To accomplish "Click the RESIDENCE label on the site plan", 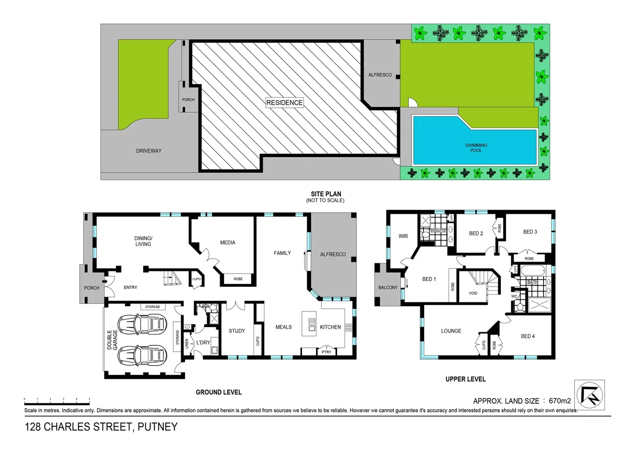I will [x=284, y=103].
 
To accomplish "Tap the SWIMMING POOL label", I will [x=476, y=148].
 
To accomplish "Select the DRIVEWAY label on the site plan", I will [x=149, y=151].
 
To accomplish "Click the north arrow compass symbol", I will [x=589, y=395].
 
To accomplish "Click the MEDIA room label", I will [x=228, y=243].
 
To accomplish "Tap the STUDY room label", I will [x=237, y=331].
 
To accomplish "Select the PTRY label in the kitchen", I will [x=327, y=352].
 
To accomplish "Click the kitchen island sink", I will [x=312, y=324].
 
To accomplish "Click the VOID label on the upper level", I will [x=473, y=293].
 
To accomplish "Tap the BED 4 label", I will [x=528, y=336].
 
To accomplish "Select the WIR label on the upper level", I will [x=403, y=236].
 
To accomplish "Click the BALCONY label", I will [x=388, y=287].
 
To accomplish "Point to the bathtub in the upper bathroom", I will [x=532, y=271].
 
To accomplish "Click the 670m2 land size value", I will [x=560, y=401].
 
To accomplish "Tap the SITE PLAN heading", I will [x=326, y=194].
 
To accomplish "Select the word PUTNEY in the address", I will [x=157, y=427].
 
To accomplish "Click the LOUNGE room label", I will [x=451, y=331].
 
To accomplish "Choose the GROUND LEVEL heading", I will [x=218, y=392].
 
